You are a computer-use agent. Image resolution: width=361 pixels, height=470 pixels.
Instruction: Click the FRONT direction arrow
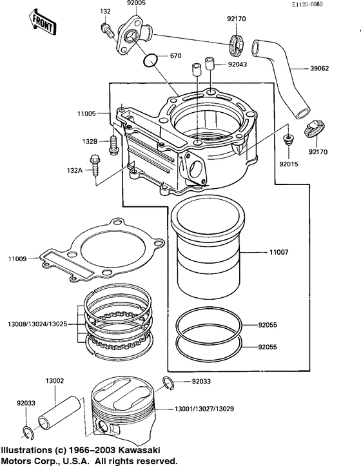pos(43,22)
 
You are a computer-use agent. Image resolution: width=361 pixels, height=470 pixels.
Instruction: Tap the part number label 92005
pos(136,3)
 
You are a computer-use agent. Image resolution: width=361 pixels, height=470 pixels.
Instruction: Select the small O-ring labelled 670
pos(150,61)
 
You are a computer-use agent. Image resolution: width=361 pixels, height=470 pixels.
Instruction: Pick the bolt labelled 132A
pos(95,165)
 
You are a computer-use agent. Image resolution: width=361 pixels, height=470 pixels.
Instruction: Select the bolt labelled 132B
pos(113,145)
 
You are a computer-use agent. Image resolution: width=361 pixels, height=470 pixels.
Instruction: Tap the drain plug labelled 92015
pos(289,141)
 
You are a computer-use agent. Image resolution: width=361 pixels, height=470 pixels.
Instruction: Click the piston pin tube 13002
pos(59,412)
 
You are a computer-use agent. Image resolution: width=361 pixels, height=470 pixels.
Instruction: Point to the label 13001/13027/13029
pos(204,409)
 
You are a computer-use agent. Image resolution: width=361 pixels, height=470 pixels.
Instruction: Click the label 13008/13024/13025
pos(37,324)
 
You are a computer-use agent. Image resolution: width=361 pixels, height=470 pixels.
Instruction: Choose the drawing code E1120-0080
pos(307,5)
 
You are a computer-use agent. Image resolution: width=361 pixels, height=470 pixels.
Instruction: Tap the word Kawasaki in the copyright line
pos(139,450)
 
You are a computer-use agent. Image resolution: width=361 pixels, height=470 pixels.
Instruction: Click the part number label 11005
pos(86,113)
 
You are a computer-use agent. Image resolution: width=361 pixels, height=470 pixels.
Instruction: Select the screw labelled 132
pos(108,30)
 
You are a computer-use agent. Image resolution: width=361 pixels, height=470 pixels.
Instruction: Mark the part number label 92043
pos(237,64)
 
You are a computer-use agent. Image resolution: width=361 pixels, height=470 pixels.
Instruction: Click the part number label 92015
pos(289,164)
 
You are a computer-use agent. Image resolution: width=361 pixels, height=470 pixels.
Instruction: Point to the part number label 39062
pos(319,68)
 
